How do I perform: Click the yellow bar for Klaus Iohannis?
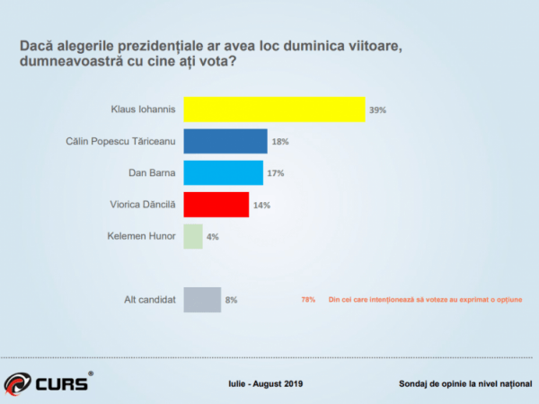[274, 110]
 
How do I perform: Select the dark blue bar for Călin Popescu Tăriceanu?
[225, 142]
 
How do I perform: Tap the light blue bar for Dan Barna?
[223, 173]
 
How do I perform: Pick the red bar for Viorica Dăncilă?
[216, 205]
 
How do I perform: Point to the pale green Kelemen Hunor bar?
[193, 236]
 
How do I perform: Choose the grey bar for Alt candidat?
[202, 299]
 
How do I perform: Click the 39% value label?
[377, 110]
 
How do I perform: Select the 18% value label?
[279, 142]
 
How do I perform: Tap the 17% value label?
[275, 173]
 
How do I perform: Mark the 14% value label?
[261, 205]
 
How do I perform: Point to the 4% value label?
[212, 237]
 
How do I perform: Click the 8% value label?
[231, 300]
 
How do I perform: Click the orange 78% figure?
[308, 300]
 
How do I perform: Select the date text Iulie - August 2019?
[265, 384]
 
